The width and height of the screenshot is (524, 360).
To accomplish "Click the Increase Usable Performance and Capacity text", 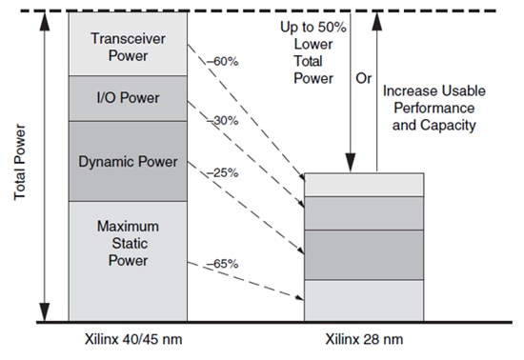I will pos(433,106).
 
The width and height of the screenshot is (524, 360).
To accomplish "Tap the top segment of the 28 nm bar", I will pos(363,184).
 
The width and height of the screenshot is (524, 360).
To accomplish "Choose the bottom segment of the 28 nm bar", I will pos(363,300).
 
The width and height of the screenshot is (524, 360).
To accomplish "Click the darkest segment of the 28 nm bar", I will pos(363,255).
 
